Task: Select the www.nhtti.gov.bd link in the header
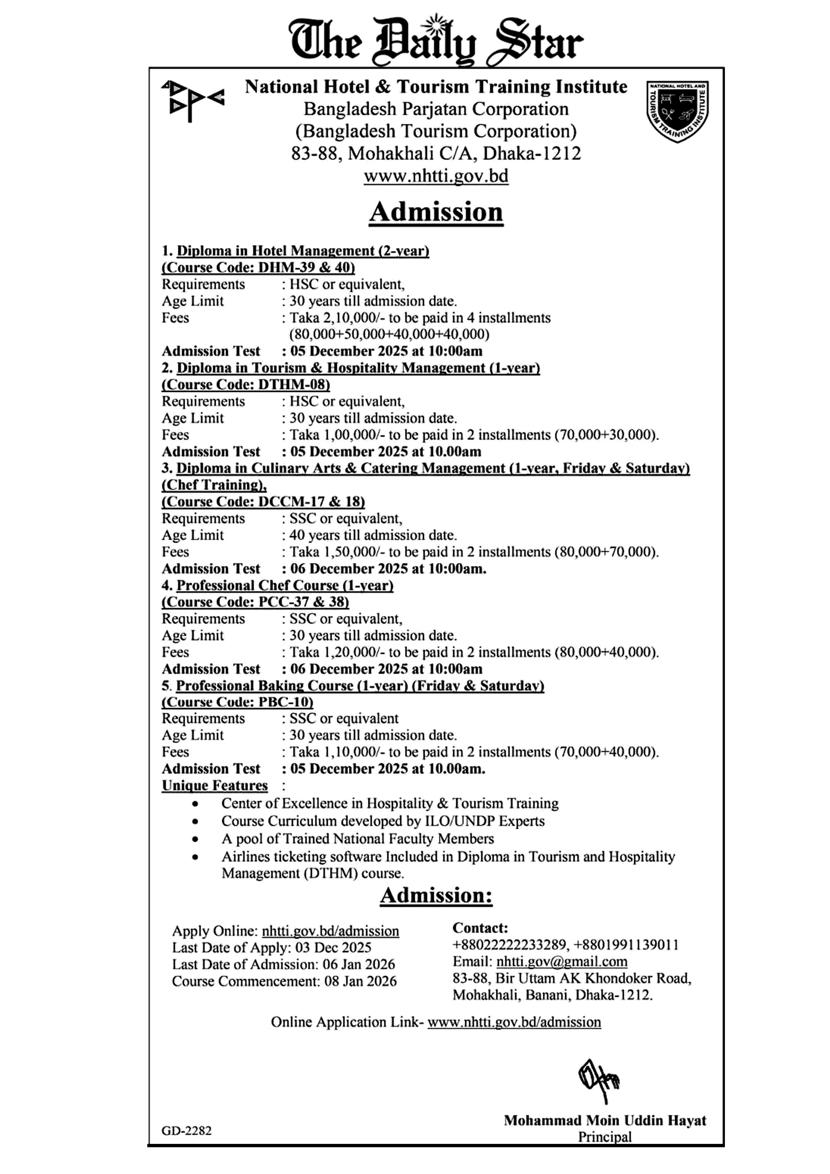(436, 176)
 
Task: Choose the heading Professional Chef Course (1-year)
(284, 585)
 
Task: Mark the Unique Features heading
(215, 785)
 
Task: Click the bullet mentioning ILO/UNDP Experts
(383, 821)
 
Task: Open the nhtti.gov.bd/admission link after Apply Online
(330, 931)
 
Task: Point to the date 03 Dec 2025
(333, 947)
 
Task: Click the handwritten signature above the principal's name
(598, 1080)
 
